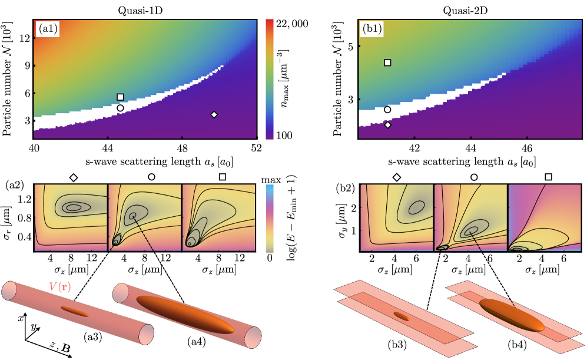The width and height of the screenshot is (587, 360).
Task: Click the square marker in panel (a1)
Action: [120, 97]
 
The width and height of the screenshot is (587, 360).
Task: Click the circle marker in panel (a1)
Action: [120, 108]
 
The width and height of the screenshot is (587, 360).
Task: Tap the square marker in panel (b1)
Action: [387, 62]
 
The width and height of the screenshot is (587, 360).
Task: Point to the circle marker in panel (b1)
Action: [387, 110]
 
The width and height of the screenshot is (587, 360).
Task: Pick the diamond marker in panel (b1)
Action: [387, 124]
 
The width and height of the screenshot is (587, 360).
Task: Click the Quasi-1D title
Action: [145, 8]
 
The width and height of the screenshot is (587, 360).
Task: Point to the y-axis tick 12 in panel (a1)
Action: [24, 38]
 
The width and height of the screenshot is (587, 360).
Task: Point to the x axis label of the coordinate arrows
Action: [21, 318]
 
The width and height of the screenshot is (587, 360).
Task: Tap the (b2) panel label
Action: [344, 189]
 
